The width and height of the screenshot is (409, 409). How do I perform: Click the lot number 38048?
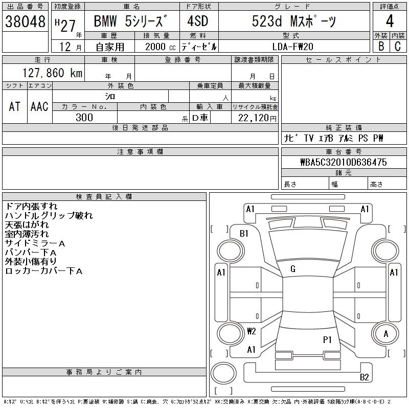tap(26, 21)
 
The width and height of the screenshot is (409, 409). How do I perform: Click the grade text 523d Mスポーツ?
tap(293, 21)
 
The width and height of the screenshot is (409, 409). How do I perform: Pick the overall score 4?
tap(390, 22)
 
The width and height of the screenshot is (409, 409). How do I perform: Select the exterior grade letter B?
tap(381, 46)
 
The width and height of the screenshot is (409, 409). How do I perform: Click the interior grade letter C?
tap(398, 46)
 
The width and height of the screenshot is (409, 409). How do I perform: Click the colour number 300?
tap(84, 118)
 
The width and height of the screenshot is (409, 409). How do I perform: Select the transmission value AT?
tap(15, 106)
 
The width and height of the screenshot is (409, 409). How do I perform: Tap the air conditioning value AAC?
tap(39, 106)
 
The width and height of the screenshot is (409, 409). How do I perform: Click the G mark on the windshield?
tap(293, 269)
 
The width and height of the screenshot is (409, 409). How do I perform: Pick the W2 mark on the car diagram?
tap(251, 331)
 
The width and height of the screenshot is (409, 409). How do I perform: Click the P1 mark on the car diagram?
tap(327, 339)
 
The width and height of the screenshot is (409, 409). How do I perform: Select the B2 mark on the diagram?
tap(364, 377)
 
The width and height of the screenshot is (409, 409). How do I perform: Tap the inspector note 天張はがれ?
tap(27, 225)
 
